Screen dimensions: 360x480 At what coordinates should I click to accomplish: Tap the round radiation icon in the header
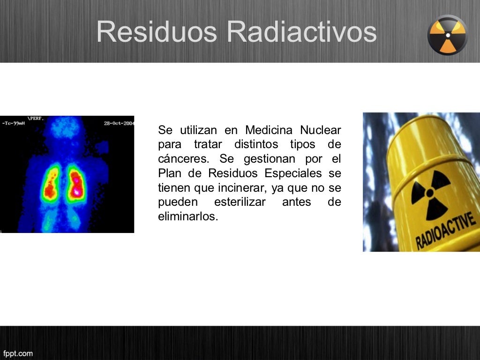(448, 35)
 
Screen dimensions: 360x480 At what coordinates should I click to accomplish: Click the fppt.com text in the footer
(17, 353)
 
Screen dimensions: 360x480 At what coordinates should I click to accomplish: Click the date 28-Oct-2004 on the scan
(119, 123)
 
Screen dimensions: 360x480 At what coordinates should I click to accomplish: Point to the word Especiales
(293, 173)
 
